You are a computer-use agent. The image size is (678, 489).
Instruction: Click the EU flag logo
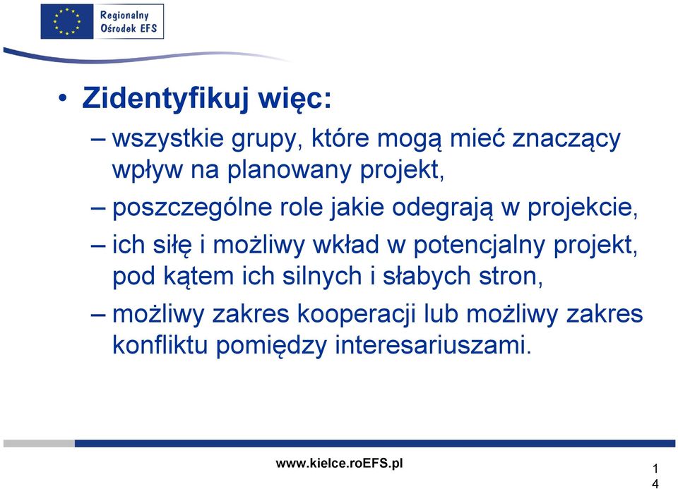[x=67, y=22]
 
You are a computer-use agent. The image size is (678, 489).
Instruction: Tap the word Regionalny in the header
[x=124, y=16]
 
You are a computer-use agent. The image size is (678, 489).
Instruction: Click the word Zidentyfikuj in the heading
[x=165, y=99]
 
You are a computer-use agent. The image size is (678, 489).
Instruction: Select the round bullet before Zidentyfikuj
[x=63, y=99]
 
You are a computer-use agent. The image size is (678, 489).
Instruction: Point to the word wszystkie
[x=168, y=139]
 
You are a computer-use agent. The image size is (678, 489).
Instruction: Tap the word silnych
[x=322, y=276]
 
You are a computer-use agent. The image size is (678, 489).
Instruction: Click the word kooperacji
[x=357, y=314]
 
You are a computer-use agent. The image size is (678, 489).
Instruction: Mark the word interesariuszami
[x=433, y=345]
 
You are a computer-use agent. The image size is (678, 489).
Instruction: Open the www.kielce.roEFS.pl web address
[x=340, y=464]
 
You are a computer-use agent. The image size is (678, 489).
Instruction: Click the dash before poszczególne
[x=98, y=207]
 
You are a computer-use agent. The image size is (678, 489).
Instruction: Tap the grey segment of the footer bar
[x=39, y=443]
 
